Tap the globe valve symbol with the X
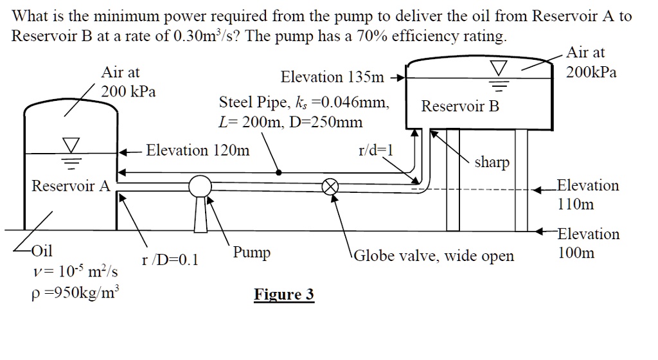(x=330, y=186)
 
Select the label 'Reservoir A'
(x=71, y=186)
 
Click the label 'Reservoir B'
(x=460, y=107)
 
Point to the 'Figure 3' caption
(x=284, y=295)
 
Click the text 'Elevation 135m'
(x=331, y=78)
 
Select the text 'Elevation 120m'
(x=198, y=151)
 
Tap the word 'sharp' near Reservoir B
(x=492, y=163)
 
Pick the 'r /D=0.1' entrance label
(x=170, y=260)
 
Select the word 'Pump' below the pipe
(x=252, y=253)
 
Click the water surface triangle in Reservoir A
(x=71, y=143)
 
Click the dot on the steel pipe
(x=278, y=172)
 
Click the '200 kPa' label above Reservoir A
(x=129, y=91)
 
